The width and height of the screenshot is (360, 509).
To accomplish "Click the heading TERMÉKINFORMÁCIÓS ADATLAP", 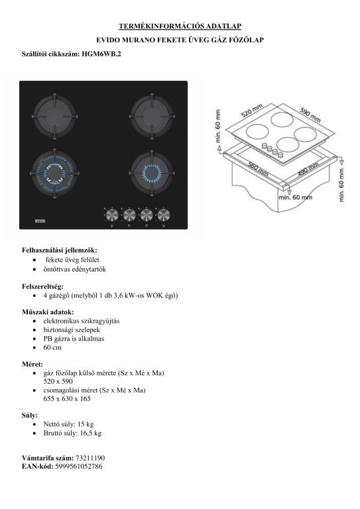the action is tap(180, 26).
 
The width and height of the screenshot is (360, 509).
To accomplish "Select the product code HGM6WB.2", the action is tap(101, 54).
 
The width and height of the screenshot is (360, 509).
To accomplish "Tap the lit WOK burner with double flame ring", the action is tap(54, 173).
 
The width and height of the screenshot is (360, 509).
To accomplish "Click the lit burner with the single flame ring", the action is tap(152, 173).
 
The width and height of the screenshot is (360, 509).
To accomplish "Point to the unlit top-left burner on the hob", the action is tap(54, 116).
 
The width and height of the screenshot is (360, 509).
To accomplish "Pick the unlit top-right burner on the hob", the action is tap(152, 116).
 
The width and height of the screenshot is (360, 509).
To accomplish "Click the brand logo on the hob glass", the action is tap(39, 221).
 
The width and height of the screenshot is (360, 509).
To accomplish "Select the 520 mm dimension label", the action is tap(252, 111).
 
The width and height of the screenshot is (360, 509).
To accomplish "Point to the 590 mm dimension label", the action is tap(310, 115).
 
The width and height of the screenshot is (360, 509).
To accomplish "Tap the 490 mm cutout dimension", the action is tap(308, 169).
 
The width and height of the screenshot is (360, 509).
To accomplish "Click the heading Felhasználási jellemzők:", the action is tap(60, 250).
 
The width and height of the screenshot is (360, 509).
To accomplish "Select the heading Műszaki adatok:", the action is tap(48, 312).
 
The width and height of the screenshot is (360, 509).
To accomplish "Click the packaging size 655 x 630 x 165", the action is tap(67, 398).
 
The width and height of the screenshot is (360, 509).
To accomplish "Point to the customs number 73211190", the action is tap(90, 458).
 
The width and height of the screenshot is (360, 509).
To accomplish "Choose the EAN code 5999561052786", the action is tap(78, 467).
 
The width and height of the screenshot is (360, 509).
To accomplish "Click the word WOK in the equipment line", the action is tap(154, 296).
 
